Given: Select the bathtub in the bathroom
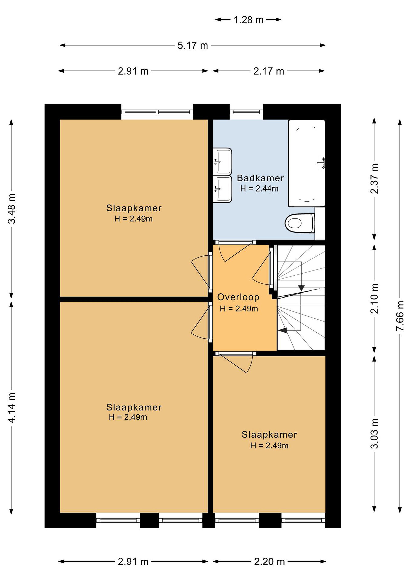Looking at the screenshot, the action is click(x=307, y=163).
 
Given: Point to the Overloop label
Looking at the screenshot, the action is click(x=238, y=297).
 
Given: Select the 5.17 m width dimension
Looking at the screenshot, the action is click(x=193, y=46).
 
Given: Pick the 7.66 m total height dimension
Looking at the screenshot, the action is click(x=400, y=316).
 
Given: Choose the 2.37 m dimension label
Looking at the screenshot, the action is click(x=374, y=179).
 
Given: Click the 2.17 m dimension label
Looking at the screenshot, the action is click(x=269, y=71).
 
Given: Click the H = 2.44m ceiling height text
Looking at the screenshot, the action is click(x=259, y=188).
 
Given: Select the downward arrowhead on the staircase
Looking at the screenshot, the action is click(x=301, y=288).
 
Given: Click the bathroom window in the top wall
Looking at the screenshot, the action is click(x=246, y=112).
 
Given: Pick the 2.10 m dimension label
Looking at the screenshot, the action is click(x=374, y=298).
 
